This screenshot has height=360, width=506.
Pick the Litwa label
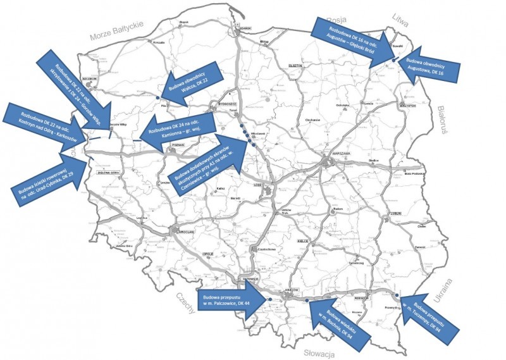[x=402, y=16]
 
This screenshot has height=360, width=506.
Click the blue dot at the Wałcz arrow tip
[x=157, y=97]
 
